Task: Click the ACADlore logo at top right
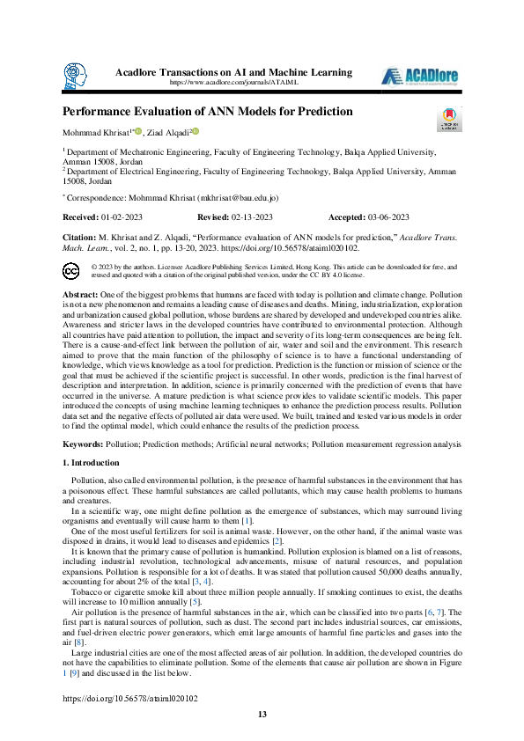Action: coord(418,76)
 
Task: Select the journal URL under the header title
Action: coord(233,82)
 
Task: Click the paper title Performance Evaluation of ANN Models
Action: coord(207,112)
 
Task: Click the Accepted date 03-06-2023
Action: coord(388,216)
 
